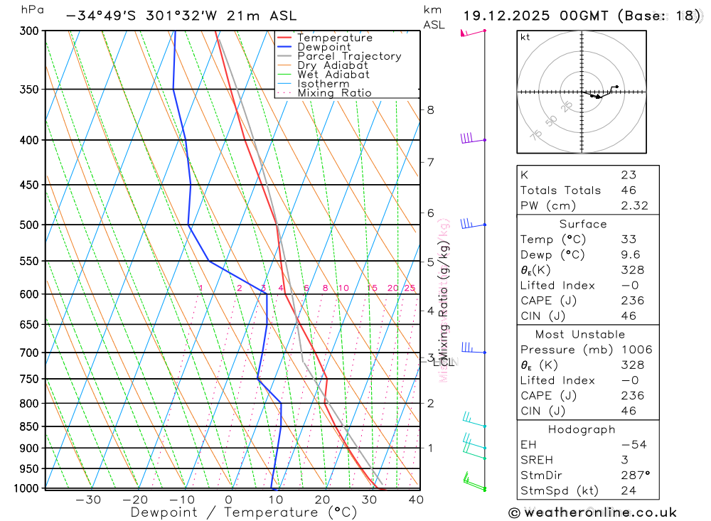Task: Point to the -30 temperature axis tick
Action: click(x=88, y=500)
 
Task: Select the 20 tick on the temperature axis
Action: click(x=323, y=500)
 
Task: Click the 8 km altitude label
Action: click(x=430, y=109)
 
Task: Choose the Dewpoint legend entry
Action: click(x=324, y=47)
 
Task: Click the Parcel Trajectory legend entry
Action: click(x=349, y=56)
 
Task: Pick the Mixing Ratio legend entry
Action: click(x=334, y=93)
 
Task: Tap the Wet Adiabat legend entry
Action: click(x=333, y=75)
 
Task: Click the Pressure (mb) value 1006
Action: click(x=636, y=350)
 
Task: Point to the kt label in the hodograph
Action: click(x=525, y=37)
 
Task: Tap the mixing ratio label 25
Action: click(x=410, y=288)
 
